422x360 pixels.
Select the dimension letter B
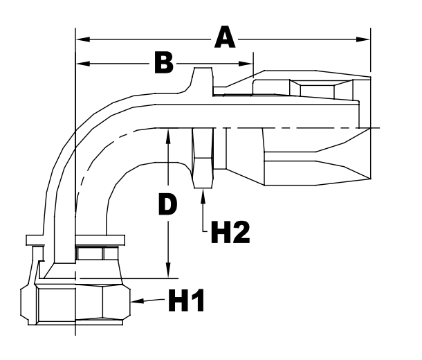point(163,63)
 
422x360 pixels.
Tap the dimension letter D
point(166,204)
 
